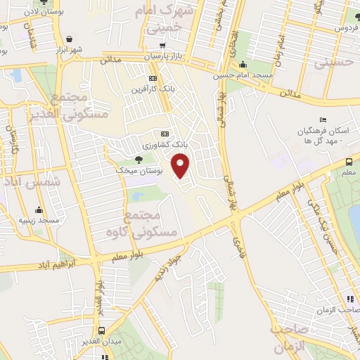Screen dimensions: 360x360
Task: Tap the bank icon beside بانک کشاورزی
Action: coord(165,133)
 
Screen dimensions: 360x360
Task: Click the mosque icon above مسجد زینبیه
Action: coord(39,209)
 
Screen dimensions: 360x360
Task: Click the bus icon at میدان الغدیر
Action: coord(103,330)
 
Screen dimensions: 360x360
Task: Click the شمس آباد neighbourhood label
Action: coord(33,181)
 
